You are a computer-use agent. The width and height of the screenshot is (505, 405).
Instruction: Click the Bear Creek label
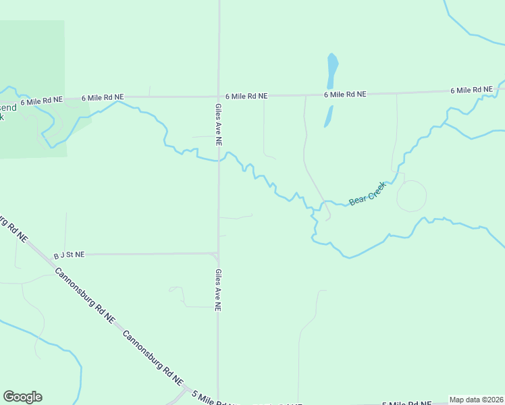(x=367, y=194)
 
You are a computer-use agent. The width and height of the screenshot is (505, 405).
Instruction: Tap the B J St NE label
(x=70, y=255)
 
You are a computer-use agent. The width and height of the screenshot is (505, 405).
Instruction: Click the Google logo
(x=22, y=397)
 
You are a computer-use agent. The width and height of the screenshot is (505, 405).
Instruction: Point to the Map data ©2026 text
(x=476, y=400)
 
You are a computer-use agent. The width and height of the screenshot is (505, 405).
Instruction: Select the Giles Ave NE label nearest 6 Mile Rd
(x=218, y=124)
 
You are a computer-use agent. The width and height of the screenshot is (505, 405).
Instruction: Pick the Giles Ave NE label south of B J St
(x=218, y=290)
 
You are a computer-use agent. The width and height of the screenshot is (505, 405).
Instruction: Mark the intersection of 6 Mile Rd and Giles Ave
(x=218, y=97)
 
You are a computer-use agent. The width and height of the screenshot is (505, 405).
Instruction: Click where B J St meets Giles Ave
(x=217, y=254)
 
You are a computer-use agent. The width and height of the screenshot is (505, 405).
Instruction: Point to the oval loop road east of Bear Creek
(x=411, y=196)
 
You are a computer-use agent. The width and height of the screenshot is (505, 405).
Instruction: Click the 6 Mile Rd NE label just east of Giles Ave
(x=246, y=97)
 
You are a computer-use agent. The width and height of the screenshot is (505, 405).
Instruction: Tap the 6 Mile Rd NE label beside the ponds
(x=345, y=94)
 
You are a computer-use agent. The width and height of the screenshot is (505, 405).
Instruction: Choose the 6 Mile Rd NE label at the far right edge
(x=471, y=90)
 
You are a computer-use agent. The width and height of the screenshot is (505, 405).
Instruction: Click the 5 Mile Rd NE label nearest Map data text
(x=407, y=404)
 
